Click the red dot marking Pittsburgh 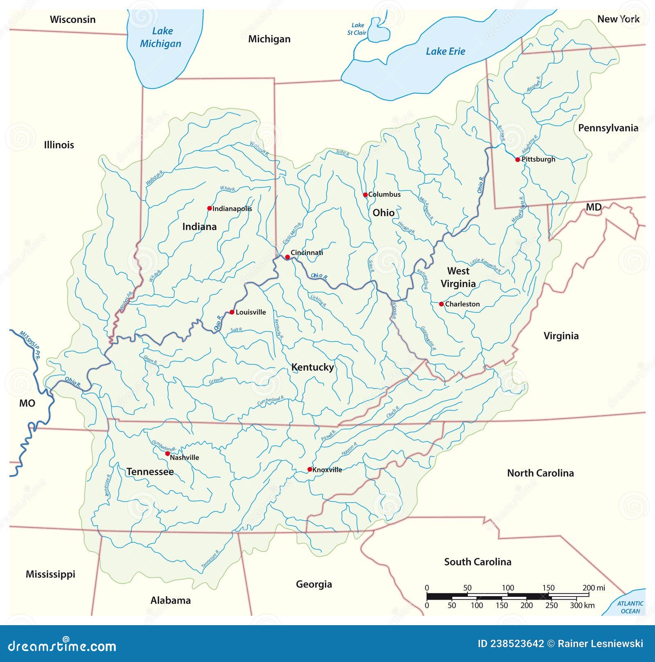(517, 160)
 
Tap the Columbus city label (384, 194)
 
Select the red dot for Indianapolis (210, 208)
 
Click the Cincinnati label (307, 253)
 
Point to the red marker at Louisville (232, 312)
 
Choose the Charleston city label (462, 304)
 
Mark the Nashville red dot (167, 454)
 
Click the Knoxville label (327, 470)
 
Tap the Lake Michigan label (161, 37)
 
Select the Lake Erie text (445, 52)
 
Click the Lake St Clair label (357, 29)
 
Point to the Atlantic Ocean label (630, 607)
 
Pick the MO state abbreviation (27, 403)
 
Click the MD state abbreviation (593, 207)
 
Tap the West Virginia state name (458, 277)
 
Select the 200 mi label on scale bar (594, 588)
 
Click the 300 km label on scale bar (582, 605)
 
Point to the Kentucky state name (312, 367)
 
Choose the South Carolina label (478, 562)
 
